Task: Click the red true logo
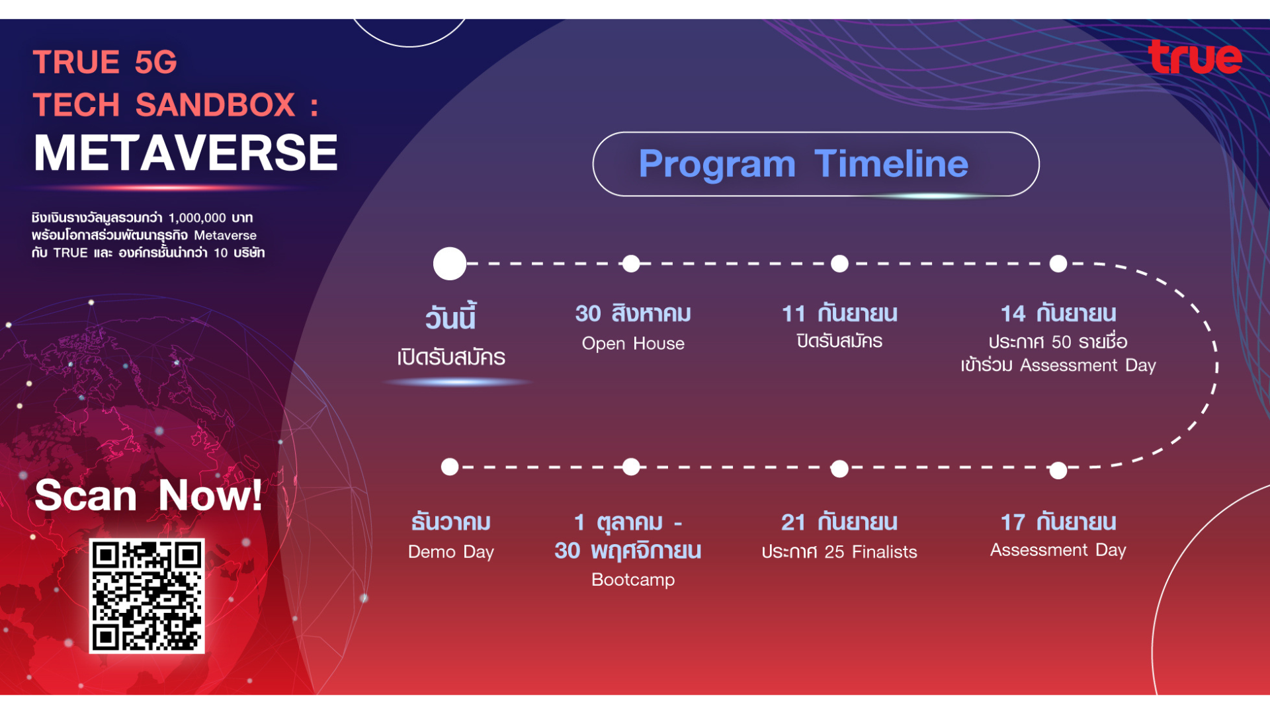click(x=1195, y=57)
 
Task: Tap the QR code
click(x=147, y=596)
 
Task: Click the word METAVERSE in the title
click(x=186, y=153)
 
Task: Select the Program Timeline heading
click(x=803, y=163)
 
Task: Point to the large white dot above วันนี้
click(x=450, y=264)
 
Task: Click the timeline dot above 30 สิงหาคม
click(x=631, y=264)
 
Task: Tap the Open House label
click(x=633, y=344)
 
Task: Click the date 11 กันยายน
click(x=839, y=313)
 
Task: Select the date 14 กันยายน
click(x=1058, y=313)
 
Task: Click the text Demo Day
click(x=451, y=552)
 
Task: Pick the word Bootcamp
click(x=633, y=580)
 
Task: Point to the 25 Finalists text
click(x=870, y=552)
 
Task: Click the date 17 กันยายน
click(x=1058, y=522)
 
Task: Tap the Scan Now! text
click(x=148, y=495)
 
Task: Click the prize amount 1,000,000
click(x=197, y=218)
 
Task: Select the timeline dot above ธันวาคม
click(x=450, y=467)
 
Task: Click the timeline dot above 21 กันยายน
click(x=839, y=469)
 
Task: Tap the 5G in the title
click(x=156, y=62)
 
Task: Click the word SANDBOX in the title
click(x=216, y=105)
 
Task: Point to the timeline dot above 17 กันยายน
click(x=1058, y=470)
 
